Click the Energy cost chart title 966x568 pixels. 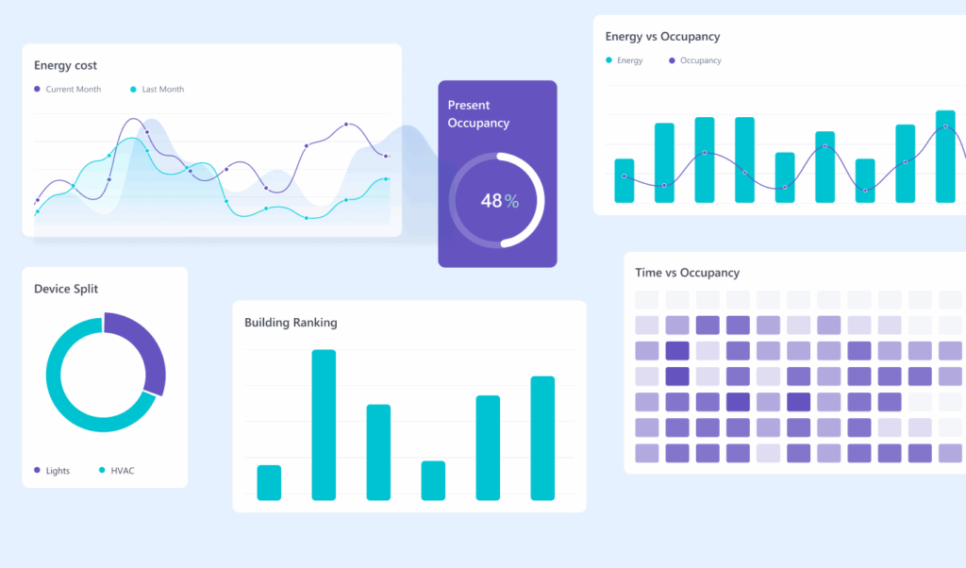point(65,66)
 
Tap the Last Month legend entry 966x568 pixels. point(162,90)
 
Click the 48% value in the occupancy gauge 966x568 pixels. point(499,201)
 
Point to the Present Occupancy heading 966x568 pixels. point(478,114)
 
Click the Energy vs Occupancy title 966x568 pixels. point(662,37)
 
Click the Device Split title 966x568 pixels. point(66,289)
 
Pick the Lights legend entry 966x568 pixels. point(57,471)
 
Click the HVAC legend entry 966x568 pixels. point(122,471)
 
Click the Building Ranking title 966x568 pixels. point(291,323)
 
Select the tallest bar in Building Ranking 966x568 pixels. point(324,425)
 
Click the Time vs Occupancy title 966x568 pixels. point(687,273)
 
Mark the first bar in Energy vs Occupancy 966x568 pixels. point(625,180)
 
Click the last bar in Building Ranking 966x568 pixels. point(542,438)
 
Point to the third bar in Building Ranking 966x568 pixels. point(378,452)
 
